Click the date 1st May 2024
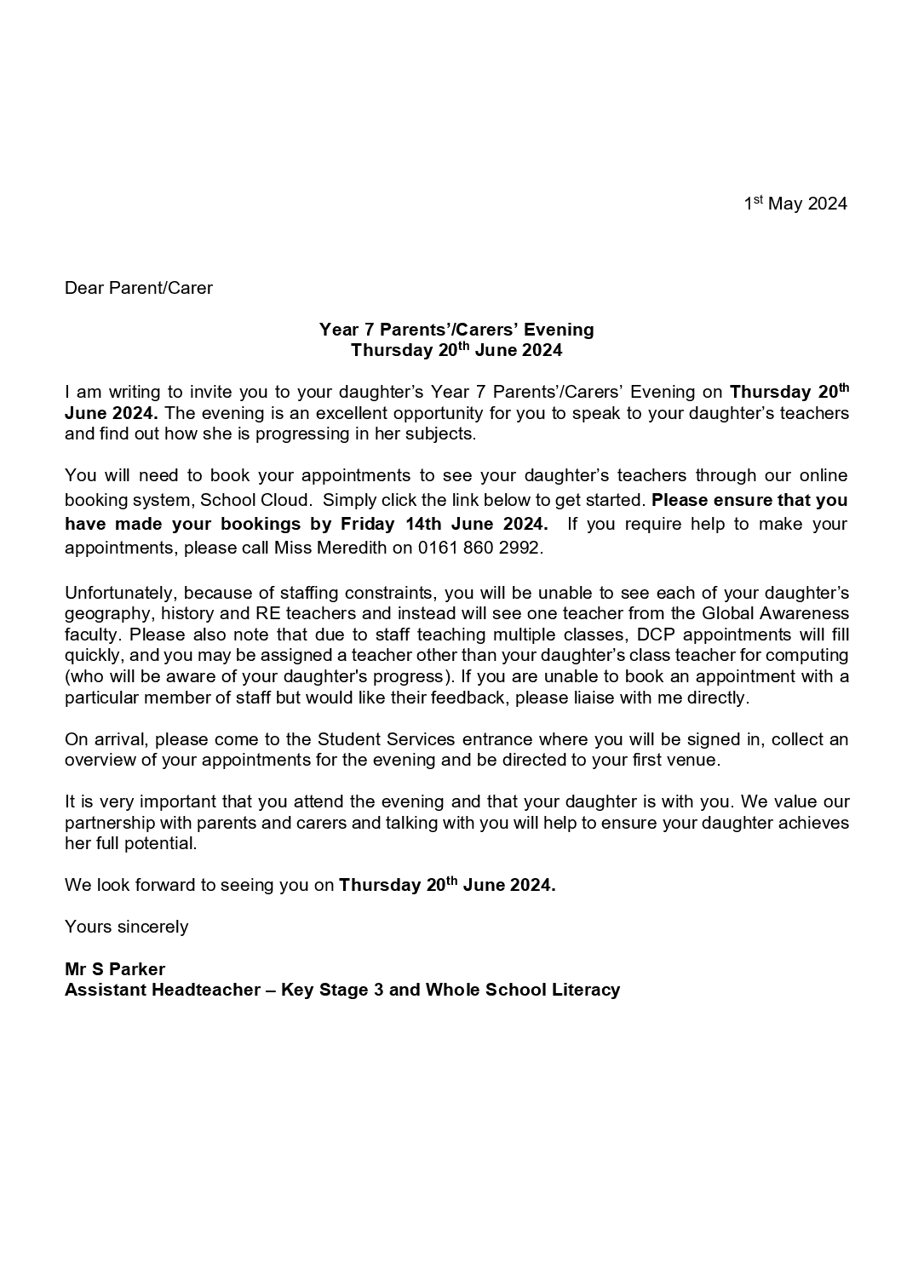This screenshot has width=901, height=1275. (x=795, y=204)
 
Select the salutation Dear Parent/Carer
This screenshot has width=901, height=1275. (x=139, y=288)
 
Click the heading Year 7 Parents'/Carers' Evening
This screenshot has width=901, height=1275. (x=456, y=330)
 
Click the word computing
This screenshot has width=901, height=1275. (x=812, y=656)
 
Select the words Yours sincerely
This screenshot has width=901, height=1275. (x=127, y=927)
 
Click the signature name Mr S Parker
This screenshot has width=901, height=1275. (x=115, y=969)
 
